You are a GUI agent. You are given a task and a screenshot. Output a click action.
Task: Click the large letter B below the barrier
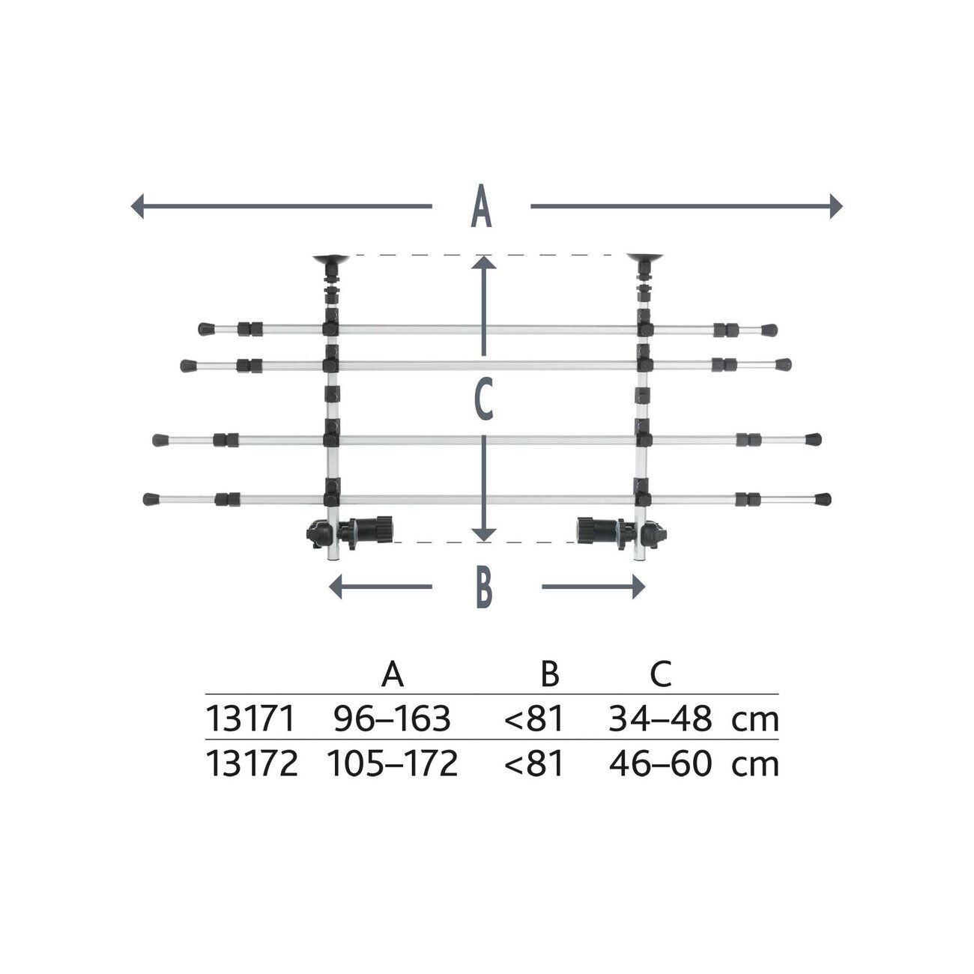pos(484,587)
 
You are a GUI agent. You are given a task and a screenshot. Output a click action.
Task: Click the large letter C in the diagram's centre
pos(484,400)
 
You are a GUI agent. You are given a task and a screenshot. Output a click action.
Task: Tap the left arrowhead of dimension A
pos(137,206)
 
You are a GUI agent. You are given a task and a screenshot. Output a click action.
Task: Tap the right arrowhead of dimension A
pos(837,206)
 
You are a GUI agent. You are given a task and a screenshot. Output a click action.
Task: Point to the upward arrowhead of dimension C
pos(484,262)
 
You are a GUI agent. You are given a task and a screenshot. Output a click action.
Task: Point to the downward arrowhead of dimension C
pos(484,535)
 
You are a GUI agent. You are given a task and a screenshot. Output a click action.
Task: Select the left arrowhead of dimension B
pos(335,587)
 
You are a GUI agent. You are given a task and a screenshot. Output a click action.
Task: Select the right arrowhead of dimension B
pos(639,587)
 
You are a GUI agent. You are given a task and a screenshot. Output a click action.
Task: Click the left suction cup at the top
pos(331,261)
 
